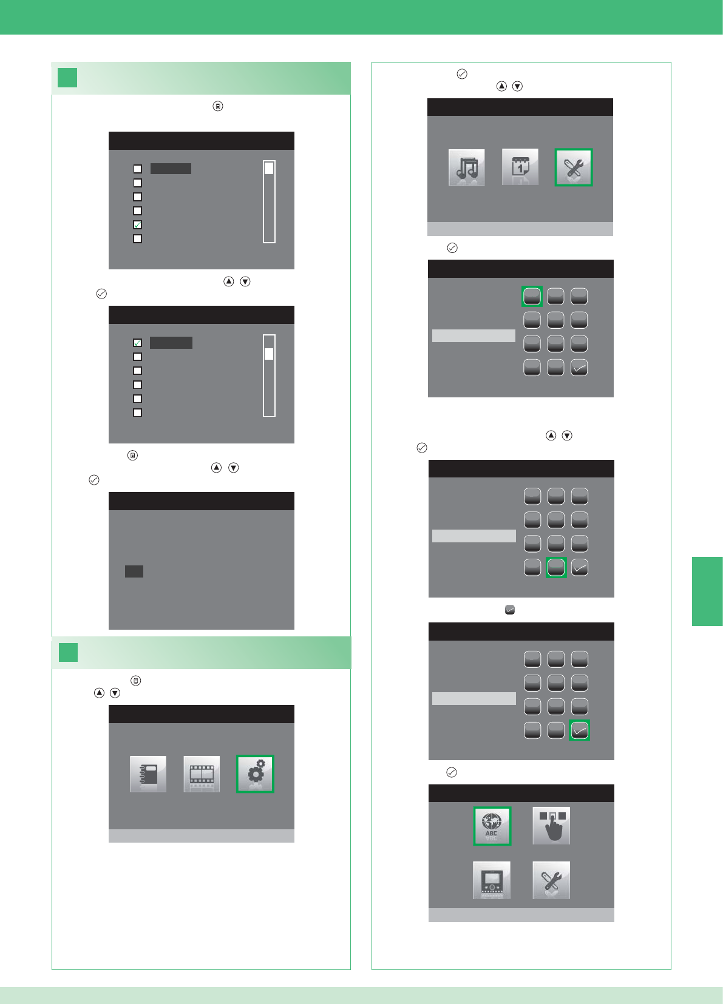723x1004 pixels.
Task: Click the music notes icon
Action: pos(466,167)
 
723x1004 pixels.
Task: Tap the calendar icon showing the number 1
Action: pos(520,167)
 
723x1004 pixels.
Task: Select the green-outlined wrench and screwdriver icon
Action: pos(574,167)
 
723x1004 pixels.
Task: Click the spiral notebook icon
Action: pos(148,774)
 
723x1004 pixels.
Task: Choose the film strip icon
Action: pos(202,774)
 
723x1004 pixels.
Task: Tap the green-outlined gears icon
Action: pos(255,774)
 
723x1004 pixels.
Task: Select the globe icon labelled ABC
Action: pos(492,826)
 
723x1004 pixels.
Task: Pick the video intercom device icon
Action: pos(492,880)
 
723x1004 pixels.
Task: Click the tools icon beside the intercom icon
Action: pos(551,880)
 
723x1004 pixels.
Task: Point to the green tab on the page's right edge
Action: pos(707,591)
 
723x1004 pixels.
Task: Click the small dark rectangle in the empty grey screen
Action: pos(134,571)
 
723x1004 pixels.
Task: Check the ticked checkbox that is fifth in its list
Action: pos(138,224)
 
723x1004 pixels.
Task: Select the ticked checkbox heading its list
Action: pos(138,343)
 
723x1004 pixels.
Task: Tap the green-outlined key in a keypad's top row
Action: pos(532,296)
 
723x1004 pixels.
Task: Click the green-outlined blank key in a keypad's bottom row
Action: pos(556,567)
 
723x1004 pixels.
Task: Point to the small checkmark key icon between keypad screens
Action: pos(510,610)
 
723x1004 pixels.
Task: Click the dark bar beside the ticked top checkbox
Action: pos(171,343)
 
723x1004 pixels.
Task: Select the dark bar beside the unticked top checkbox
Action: pos(171,169)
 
